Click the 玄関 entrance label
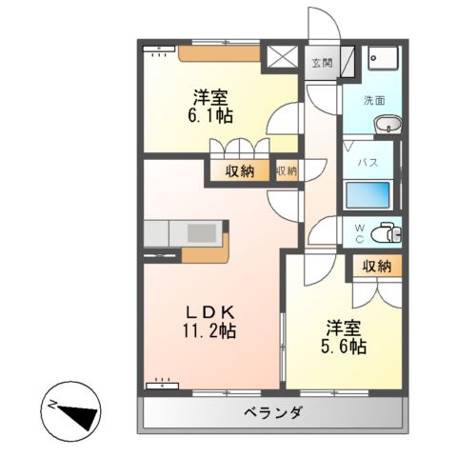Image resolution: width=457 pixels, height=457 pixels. pos(322,64)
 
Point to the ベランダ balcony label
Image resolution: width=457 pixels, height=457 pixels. pos(271,413)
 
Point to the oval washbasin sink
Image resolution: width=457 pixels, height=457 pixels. pos(387,124)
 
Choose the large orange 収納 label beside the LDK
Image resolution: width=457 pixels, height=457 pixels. pos(240,171)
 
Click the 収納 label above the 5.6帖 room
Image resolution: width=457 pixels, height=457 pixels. pos(376,267)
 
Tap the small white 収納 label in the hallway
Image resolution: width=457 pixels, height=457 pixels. pos(286,171)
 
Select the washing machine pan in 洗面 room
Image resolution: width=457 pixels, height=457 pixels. pos(383,59)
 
